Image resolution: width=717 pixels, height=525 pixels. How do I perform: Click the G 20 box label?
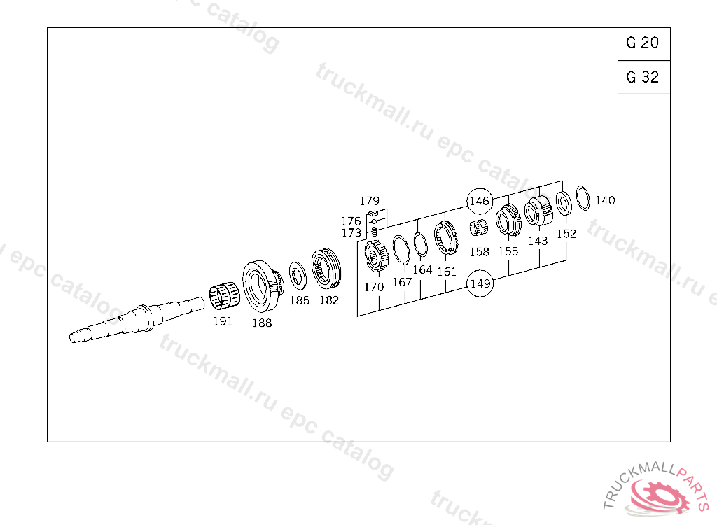[643, 43]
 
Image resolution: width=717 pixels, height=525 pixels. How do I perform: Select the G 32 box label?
[643, 77]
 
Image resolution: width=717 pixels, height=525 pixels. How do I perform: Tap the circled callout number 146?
[480, 201]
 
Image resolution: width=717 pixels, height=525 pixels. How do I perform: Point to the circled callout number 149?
[480, 283]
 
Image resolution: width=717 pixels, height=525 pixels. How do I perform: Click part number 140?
[605, 200]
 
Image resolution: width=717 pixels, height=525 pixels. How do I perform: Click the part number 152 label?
[566, 234]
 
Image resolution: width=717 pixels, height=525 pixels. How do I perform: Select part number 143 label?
[538, 241]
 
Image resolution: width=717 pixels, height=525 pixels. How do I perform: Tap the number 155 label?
[508, 251]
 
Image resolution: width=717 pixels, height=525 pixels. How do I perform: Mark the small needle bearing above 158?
[479, 227]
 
